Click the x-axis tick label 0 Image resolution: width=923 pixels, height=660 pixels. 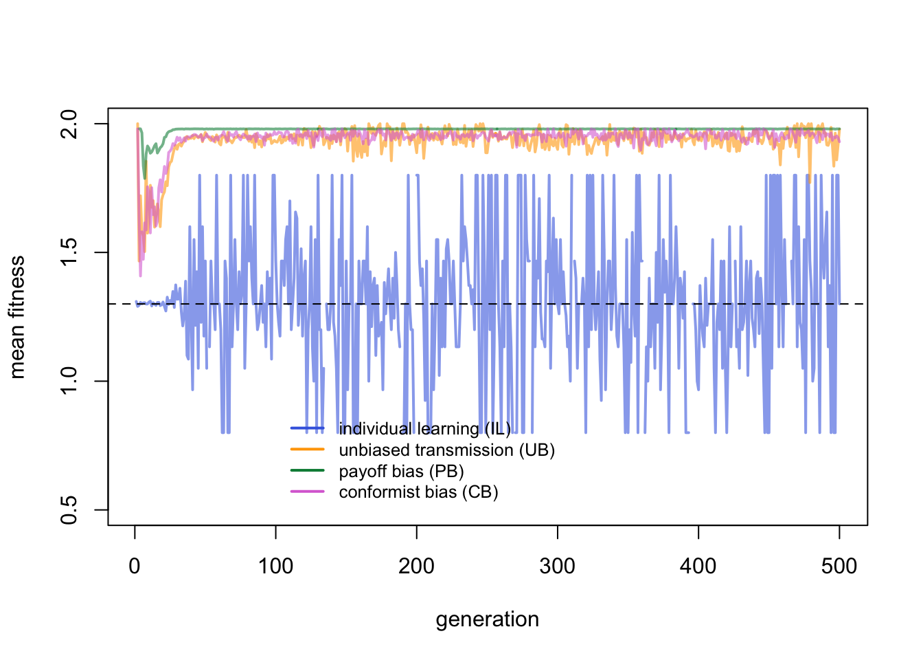coord(135,566)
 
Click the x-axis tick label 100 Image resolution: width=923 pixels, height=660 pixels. coord(275,566)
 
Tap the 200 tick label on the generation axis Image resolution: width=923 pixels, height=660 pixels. coord(416,566)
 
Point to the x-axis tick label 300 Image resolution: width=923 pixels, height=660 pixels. coord(557,566)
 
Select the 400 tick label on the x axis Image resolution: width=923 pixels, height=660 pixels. coord(698,566)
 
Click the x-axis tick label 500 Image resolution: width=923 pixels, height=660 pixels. coord(839,566)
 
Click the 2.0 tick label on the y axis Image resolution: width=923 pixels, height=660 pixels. coord(69,124)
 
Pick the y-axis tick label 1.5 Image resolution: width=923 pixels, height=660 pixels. coord(69,252)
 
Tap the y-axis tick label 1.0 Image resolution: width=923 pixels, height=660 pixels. coord(69,381)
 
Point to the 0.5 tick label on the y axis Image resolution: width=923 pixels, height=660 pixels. coord(69,509)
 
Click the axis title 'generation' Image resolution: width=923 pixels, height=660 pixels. coord(487,619)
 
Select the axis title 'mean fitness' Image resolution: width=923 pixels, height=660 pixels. coord(17,317)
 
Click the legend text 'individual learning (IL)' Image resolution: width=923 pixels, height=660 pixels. coord(424,429)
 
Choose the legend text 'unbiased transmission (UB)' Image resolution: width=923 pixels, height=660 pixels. coord(446,450)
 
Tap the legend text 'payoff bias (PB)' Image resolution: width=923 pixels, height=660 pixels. coord(401,472)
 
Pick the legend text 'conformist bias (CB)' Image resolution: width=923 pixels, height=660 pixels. coord(418,492)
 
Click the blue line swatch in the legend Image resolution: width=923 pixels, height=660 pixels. coord(307,429)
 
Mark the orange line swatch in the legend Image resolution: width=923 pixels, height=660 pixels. coord(307,450)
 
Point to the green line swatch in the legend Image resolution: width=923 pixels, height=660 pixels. coord(307,471)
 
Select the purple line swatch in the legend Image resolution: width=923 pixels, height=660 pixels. coord(307,492)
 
